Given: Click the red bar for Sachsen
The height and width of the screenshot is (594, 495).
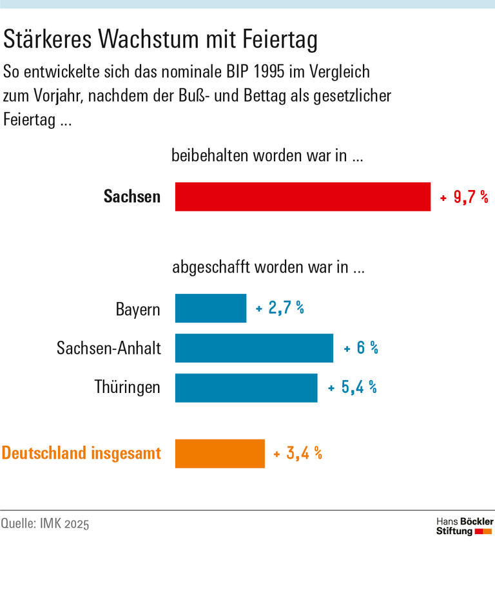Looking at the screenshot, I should (303, 196).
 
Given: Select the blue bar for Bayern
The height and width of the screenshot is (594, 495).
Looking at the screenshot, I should (211, 309).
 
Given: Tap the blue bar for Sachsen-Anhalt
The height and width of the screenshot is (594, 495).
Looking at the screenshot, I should (254, 348).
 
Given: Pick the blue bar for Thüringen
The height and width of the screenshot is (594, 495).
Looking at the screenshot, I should (246, 388).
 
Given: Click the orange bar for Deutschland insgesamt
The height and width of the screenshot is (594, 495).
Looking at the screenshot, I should (220, 454).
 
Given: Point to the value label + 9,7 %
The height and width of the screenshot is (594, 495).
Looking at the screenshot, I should (464, 197).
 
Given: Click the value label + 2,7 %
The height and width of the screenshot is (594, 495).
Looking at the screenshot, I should (280, 309).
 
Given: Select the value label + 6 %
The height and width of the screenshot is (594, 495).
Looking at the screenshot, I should (361, 349).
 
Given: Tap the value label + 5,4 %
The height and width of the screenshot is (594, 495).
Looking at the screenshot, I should (353, 388).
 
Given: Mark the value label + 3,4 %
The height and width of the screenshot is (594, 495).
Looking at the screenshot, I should (298, 454).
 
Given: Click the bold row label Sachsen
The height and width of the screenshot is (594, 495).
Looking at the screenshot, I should (131, 196).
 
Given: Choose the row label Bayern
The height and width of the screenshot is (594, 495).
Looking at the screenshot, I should (138, 309).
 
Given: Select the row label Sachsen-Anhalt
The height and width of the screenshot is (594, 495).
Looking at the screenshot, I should (109, 349).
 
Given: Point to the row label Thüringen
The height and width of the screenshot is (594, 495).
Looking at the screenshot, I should (128, 388).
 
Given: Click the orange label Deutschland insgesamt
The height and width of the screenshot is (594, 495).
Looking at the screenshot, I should (81, 453).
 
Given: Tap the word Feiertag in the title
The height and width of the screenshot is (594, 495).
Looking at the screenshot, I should (280, 41).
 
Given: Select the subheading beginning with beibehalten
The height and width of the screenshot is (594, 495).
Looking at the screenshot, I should (268, 155).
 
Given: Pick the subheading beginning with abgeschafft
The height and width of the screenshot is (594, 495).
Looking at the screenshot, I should (268, 268).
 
